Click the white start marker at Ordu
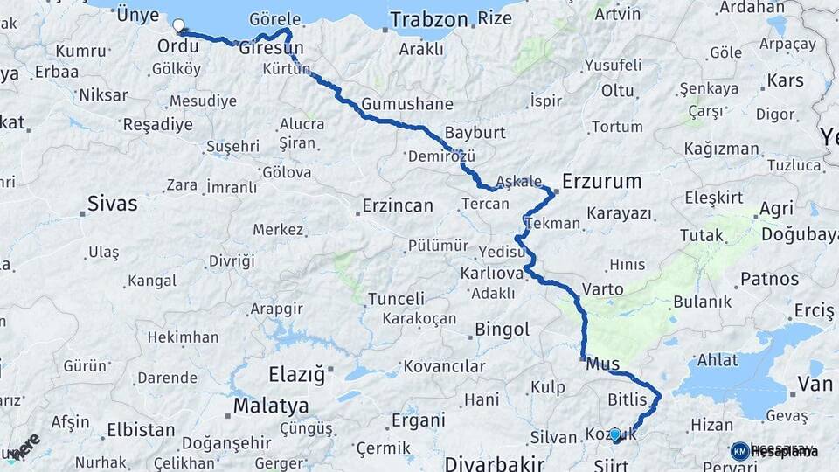[180, 26]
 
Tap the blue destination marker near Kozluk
[615, 434]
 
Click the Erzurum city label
[601, 182]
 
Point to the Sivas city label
[112, 204]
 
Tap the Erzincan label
[396, 206]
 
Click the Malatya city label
[271, 406]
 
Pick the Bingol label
[502, 330]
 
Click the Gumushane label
[407, 104]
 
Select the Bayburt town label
[475, 133]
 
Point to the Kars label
[785, 81]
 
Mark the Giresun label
[271, 47]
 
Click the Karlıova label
[491, 274]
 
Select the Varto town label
[603, 289]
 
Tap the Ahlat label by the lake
[717, 360]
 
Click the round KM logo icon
[739, 450]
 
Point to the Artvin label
[617, 14]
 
